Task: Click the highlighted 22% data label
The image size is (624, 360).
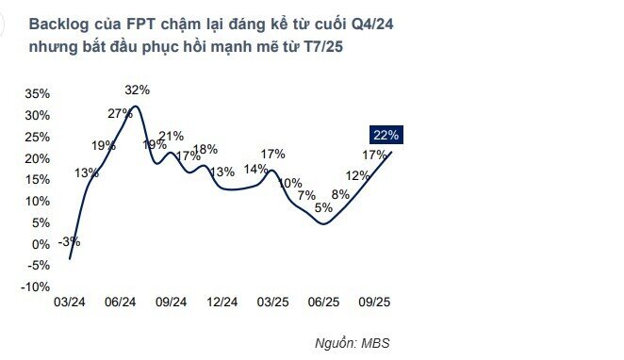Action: [386, 136]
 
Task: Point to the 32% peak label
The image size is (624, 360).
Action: [138, 90]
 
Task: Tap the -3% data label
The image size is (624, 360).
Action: [68, 241]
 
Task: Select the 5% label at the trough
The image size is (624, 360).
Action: [323, 208]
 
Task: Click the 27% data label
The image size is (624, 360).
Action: [120, 114]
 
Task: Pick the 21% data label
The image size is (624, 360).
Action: [171, 137]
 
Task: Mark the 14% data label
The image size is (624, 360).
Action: [255, 169]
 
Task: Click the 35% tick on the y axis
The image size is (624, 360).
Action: [38, 94]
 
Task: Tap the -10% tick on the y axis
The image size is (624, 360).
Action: [36, 287]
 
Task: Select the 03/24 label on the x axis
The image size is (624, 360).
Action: [70, 303]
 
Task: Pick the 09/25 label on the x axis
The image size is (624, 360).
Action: [376, 303]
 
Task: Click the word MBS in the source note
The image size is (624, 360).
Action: [375, 343]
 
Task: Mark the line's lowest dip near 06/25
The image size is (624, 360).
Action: [323, 223]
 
